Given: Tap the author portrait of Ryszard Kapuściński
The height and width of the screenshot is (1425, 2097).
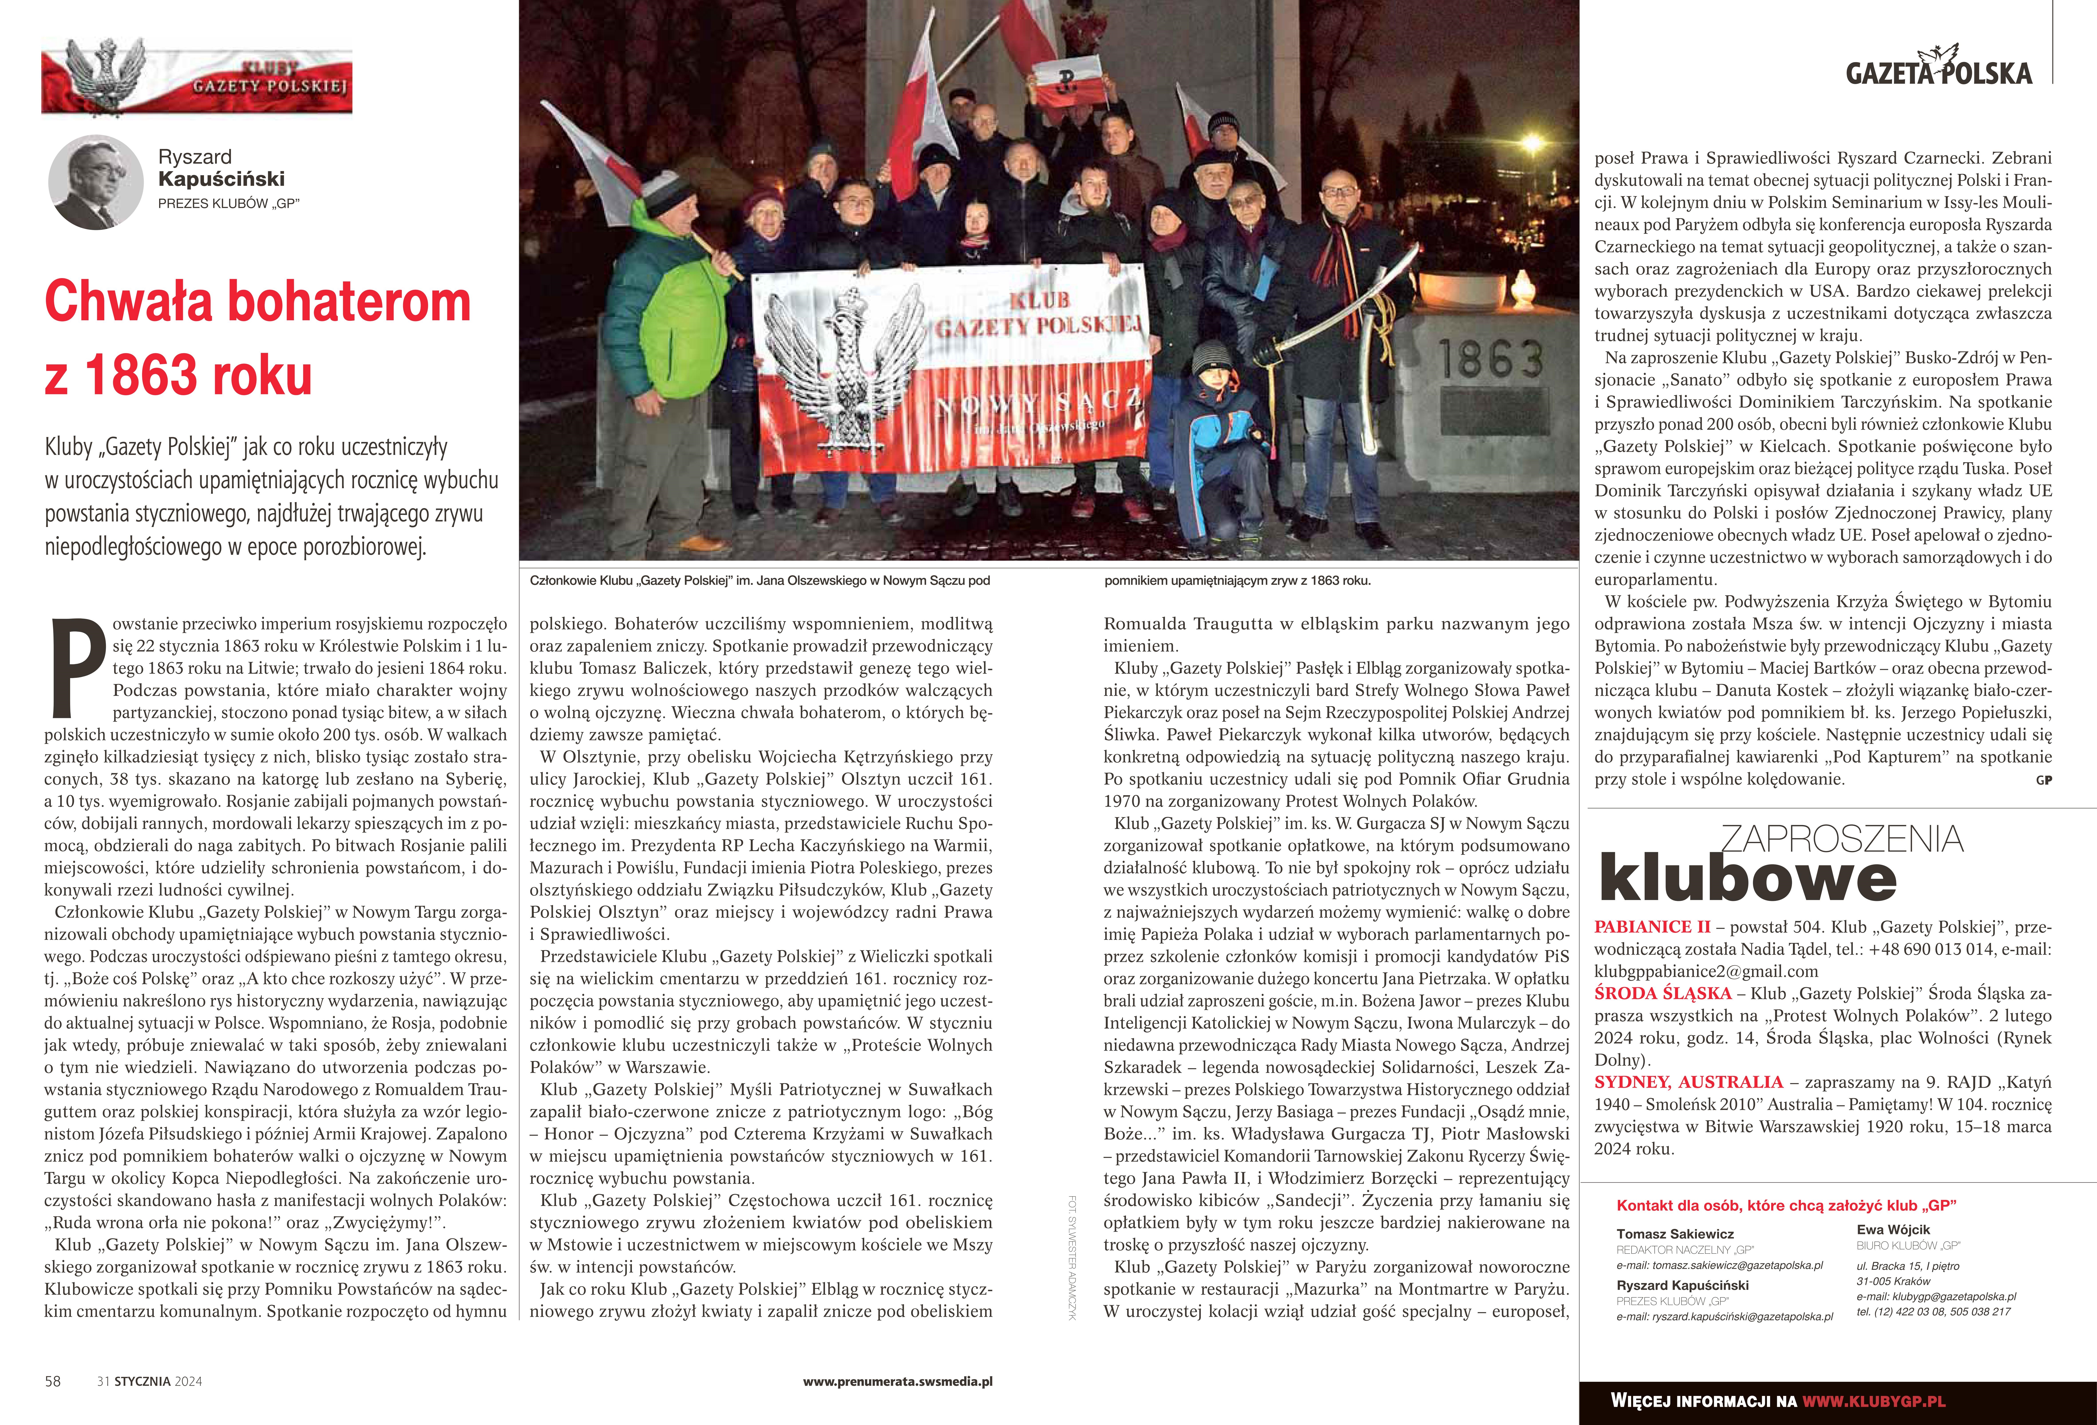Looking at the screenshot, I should pos(96,183).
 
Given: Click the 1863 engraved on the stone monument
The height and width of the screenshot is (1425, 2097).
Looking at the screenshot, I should pos(1490,359).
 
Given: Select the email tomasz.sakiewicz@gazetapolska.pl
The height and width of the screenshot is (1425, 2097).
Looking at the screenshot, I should pos(1720,1265).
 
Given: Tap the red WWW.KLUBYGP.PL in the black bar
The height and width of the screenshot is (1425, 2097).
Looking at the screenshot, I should pos(1873,1401).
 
